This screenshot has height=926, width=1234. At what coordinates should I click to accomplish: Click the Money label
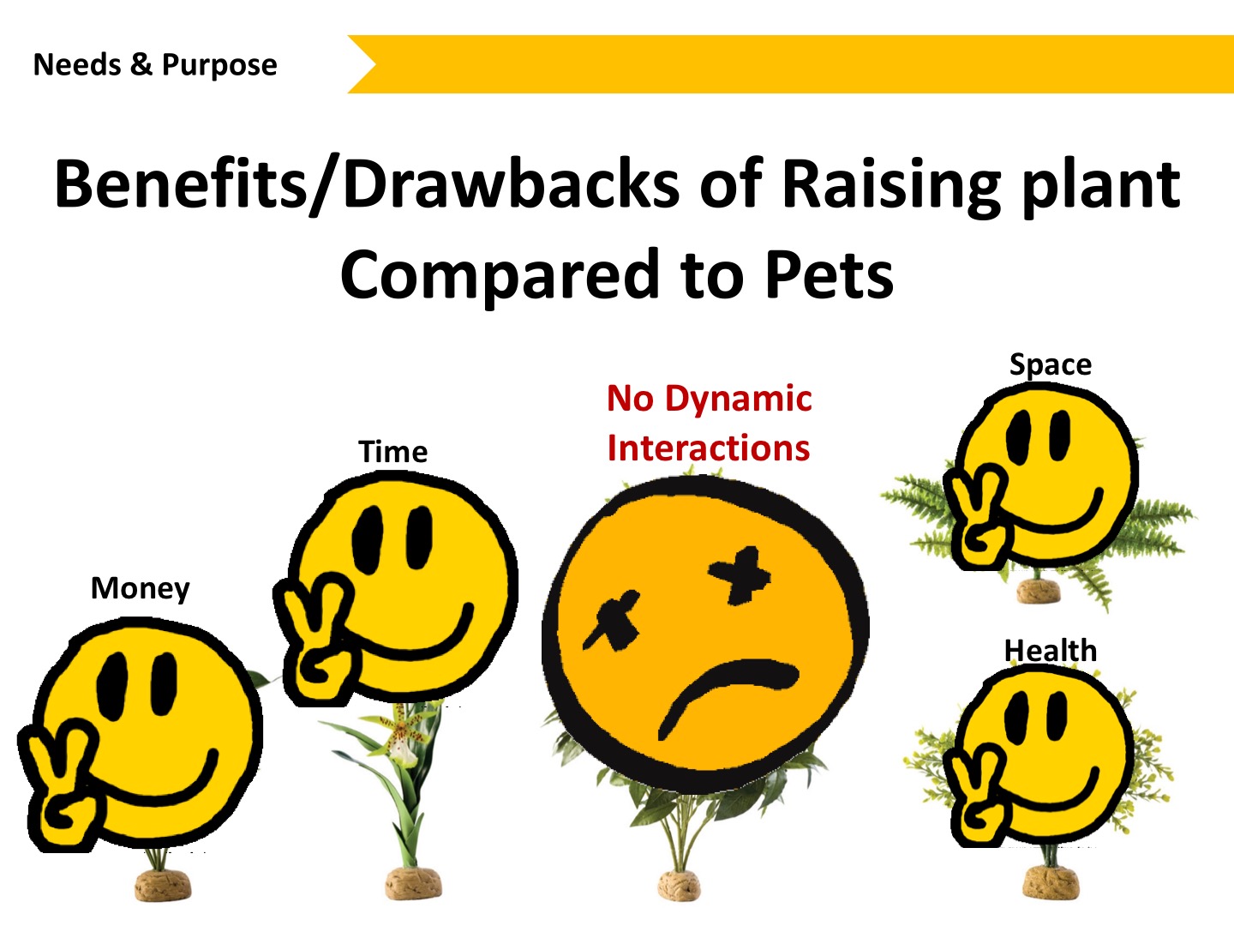[x=140, y=589]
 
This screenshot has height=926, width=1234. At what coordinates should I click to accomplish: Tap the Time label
[x=393, y=452]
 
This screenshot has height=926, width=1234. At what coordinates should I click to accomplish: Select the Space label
[x=1050, y=366]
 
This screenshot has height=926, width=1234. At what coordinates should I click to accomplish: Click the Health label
[x=1050, y=651]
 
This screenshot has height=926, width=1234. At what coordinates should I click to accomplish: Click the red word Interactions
[x=709, y=448]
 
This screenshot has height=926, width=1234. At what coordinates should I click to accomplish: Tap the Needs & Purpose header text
[x=155, y=65]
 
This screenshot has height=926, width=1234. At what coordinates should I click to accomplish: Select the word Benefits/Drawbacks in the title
[x=367, y=184]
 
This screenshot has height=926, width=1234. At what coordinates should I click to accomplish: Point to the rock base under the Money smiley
[x=163, y=885]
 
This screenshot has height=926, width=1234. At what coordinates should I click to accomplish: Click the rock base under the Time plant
[x=413, y=884]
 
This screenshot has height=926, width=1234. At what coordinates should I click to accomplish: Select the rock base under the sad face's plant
[x=679, y=886]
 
